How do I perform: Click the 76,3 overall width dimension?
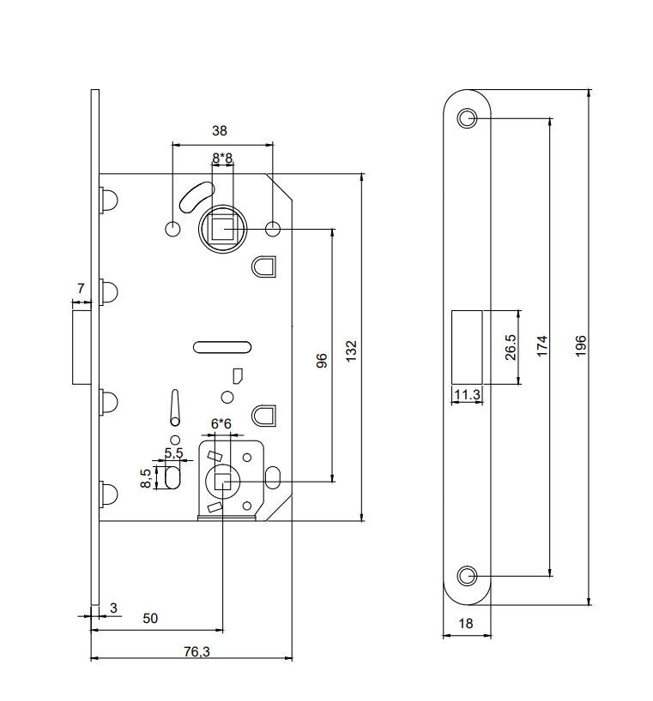click(x=197, y=651)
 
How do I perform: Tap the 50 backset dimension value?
click(x=150, y=618)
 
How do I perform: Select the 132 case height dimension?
click(x=351, y=351)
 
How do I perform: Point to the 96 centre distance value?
click(x=322, y=360)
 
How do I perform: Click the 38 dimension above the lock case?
click(x=220, y=130)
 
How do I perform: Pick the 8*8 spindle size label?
click(x=222, y=158)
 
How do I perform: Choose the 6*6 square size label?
click(x=221, y=423)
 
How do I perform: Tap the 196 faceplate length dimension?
click(x=581, y=345)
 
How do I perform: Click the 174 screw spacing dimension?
click(x=542, y=345)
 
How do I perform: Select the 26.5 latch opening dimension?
click(x=511, y=347)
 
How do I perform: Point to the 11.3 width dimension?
click(x=468, y=395)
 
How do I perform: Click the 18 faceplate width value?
click(x=466, y=623)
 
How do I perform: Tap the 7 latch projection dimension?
click(x=81, y=289)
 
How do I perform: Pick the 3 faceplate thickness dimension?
click(x=113, y=608)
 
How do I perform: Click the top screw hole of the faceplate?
click(x=467, y=118)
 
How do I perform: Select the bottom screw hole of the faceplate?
click(x=467, y=576)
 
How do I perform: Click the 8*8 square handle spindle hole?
click(x=222, y=229)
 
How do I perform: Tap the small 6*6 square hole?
click(x=222, y=482)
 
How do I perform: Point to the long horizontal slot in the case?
click(x=222, y=347)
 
